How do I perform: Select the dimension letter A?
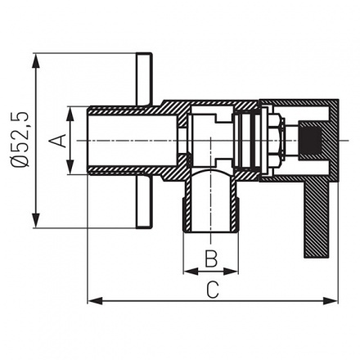(x=56, y=140)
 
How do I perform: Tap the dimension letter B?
(x=209, y=259)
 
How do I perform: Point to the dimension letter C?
(x=212, y=290)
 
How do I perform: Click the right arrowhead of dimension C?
(x=334, y=301)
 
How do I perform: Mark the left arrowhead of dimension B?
(x=186, y=271)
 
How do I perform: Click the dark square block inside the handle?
(x=311, y=140)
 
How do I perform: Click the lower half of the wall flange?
(x=144, y=205)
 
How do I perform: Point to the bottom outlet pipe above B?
(x=210, y=205)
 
